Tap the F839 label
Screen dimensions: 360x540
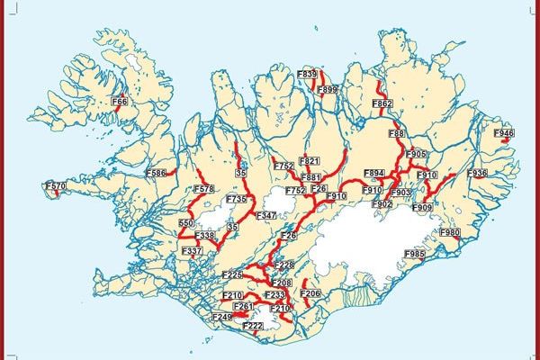[308, 75]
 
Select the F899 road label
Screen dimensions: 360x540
[328, 89]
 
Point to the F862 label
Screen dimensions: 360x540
[382, 104]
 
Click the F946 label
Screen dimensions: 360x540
[504, 133]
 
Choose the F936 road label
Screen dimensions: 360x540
[477, 173]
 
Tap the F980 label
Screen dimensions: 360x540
[450, 232]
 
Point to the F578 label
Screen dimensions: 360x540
[203, 189]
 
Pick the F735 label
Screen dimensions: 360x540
[237, 198]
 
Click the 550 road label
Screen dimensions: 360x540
[186, 222]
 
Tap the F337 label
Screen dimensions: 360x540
[192, 250]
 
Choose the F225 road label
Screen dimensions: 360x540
[232, 274]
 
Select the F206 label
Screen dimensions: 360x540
[310, 293]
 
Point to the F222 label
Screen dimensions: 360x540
[253, 325]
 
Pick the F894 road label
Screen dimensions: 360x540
[374, 172]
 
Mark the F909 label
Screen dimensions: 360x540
[422, 208]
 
